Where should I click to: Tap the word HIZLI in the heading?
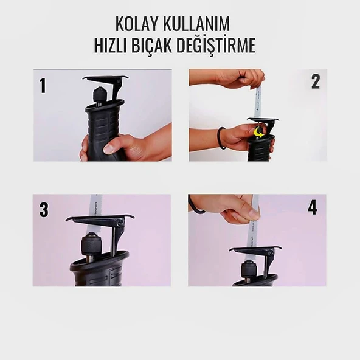coord(111,45)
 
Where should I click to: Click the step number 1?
coord(43,85)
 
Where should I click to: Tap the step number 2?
coord(316,81)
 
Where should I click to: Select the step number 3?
coord(44,210)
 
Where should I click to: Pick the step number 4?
coord(312,207)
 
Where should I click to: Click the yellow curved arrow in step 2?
coord(258,133)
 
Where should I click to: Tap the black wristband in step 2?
coord(221,139)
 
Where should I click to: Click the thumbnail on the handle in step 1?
coord(109,148)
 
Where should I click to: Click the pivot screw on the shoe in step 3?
coord(120,223)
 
